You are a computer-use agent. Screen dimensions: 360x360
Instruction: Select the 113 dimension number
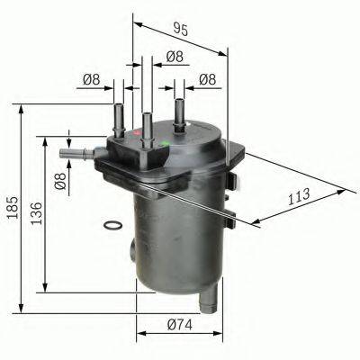click(x=299, y=194)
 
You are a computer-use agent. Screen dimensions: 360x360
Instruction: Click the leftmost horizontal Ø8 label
click(x=91, y=79)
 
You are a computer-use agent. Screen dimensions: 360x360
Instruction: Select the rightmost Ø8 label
click(x=208, y=79)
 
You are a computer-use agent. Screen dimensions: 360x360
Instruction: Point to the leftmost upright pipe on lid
click(x=118, y=117)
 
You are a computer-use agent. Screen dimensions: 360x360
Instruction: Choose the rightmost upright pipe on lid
click(x=180, y=112)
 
